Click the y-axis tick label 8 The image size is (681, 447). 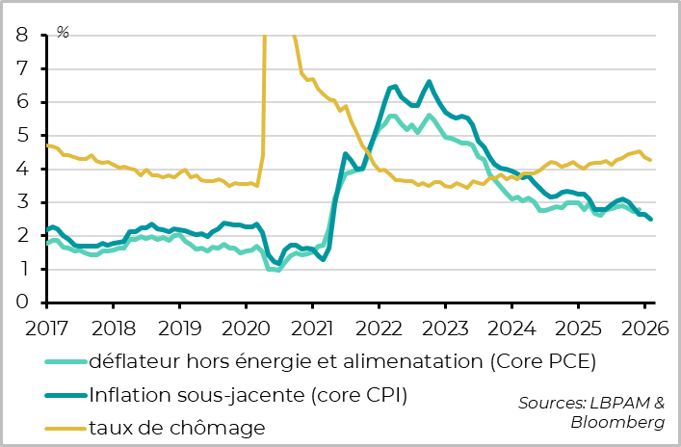pyautogui.click(x=21, y=36)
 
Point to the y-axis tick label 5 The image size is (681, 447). pyautogui.click(x=21, y=136)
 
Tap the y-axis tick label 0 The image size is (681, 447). pyautogui.click(x=21, y=302)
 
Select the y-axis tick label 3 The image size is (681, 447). pyautogui.click(x=21, y=202)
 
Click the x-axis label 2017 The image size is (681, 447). pyautogui.click(x=46, y=329)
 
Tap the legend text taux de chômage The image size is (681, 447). pyautogui.click(x=176, y=425)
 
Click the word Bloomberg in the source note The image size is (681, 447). pyautogui.click(x=617, y=422)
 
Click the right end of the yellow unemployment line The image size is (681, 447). pyautogui.click(x=651, y=160)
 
